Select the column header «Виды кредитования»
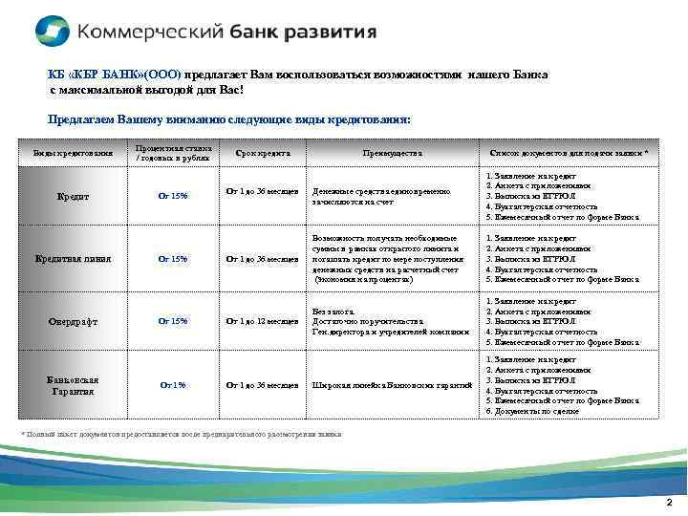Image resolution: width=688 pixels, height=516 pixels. pos(74,152)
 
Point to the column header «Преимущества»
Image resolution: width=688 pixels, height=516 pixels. pos(392,152)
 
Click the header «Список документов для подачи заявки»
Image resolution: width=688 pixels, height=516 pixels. pos(569,152)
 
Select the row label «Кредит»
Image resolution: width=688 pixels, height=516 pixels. pos(74,196)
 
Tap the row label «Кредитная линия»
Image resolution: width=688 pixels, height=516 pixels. pos(74,259)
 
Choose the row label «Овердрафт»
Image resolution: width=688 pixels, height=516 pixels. pos(74,321)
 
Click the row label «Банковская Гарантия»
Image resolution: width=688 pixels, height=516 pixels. pos(74,385)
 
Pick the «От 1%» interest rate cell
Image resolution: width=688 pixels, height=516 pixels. pos(173,385)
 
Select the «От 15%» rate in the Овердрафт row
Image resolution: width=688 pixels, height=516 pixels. pos(173,321)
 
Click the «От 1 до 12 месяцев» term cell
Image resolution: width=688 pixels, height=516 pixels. pos(262,321)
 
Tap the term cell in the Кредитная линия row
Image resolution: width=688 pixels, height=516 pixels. pos(262,259)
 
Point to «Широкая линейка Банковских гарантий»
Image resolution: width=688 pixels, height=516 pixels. pos(392,385)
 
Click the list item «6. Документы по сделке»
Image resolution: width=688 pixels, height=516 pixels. pos(532,411)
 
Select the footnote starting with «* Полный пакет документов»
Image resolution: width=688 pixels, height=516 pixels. pos(182,433)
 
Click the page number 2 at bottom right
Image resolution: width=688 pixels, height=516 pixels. pos(669,503)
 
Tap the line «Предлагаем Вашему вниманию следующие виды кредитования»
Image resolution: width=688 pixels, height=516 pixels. pos(229,119)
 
